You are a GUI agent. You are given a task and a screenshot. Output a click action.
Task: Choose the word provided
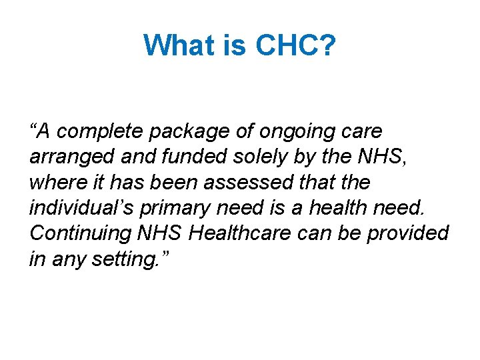pos(413,234)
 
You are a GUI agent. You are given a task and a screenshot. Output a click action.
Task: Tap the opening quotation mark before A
pos(34,127)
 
